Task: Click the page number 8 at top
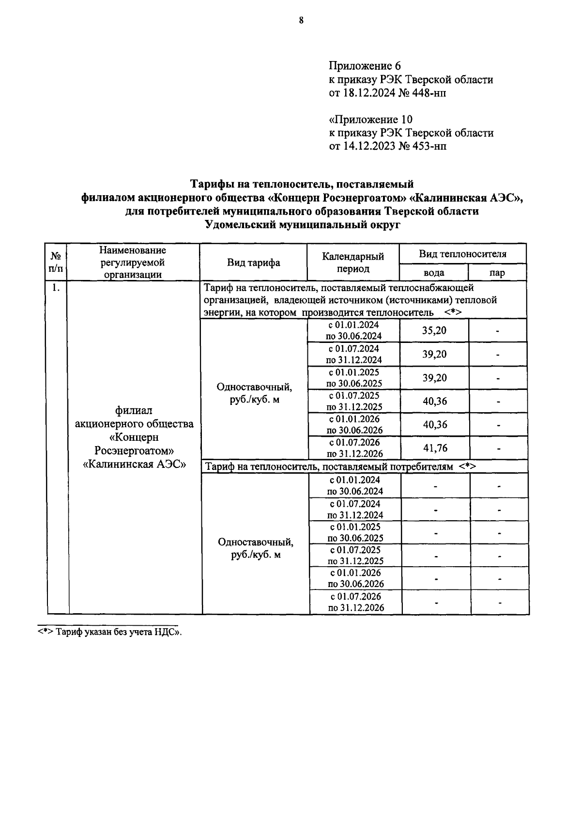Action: pyautogui.click(x=301, y=20)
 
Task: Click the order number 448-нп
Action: pyautogui.click(x=428, y=93)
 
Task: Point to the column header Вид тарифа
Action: pyautogui.click(x=253, y=263)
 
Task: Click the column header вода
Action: pyautogui.click(x=433, y=273)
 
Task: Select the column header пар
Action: pyautogui.click(x=497, y=273)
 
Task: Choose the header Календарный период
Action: pyautogui.click(x=353, y=263)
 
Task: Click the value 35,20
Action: pyautogui.click(x=434, y=331)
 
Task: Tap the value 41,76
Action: pyautogui.click(x=435, y=448)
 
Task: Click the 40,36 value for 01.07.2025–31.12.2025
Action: pyautogui.click(x=434, y=402)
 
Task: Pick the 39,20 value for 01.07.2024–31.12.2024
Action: pyautogui.click(x=434, y=355)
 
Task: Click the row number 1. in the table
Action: pyautogui.click(x=56, y=288)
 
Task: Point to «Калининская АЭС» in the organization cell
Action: pyautogui.click(x=135, y=464)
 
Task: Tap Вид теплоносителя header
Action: pyautogui.click(x=462, y=254)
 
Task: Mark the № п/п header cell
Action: pyautogui.click(x=56, y=262)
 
